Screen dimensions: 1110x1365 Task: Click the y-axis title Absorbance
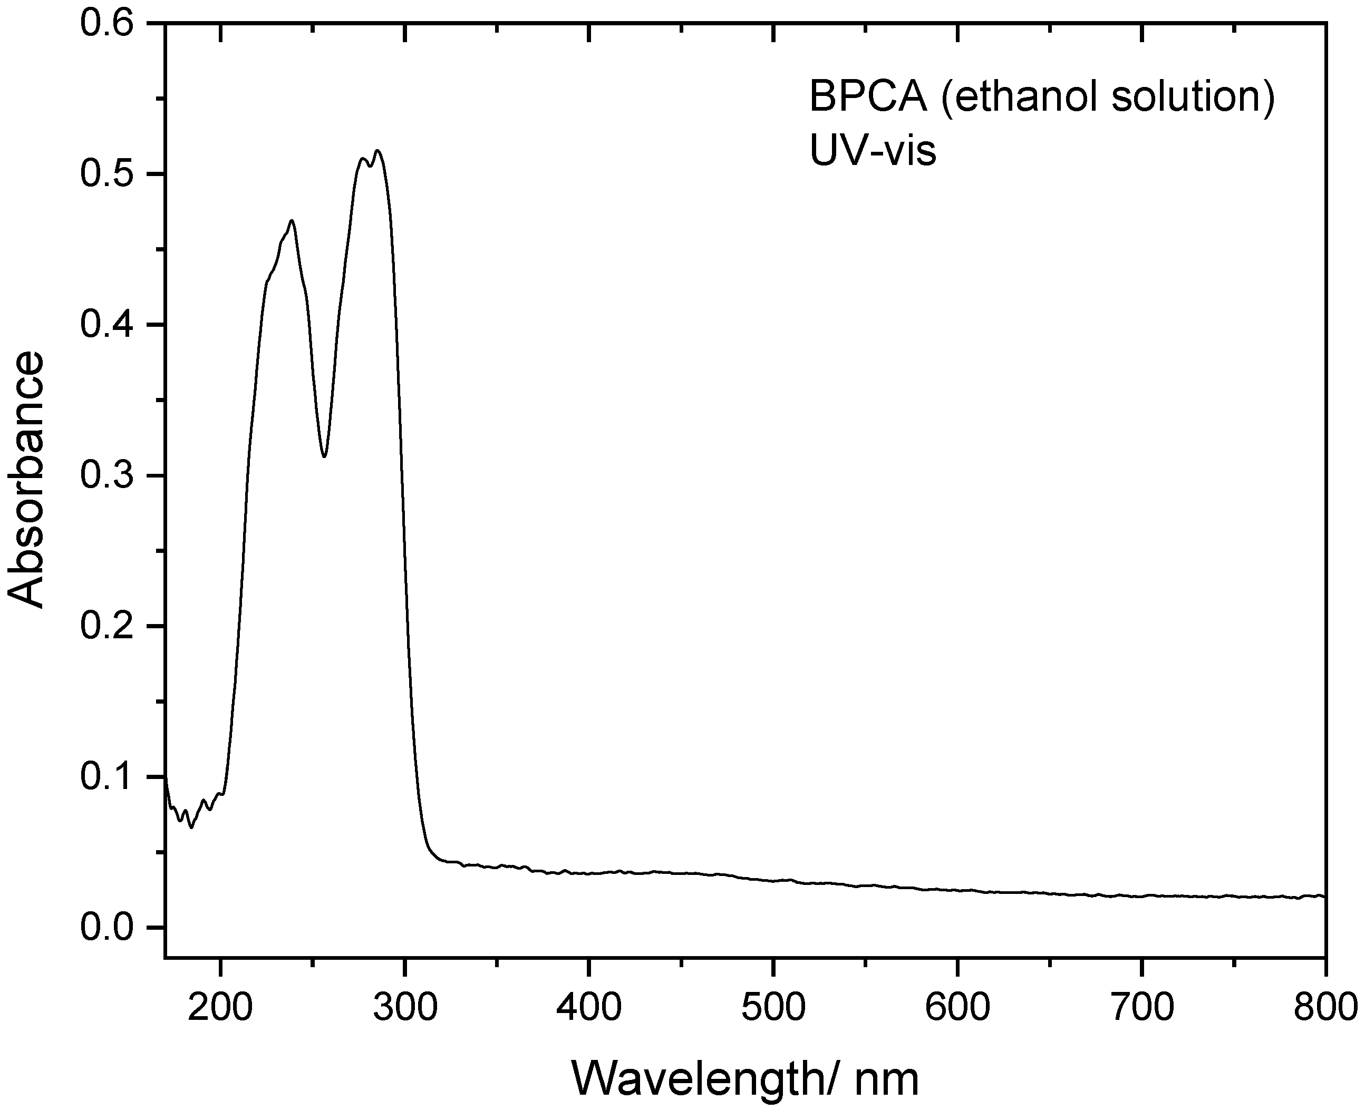click(x=27, y=480)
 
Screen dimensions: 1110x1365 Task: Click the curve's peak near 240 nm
click(x=292, y=221)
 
